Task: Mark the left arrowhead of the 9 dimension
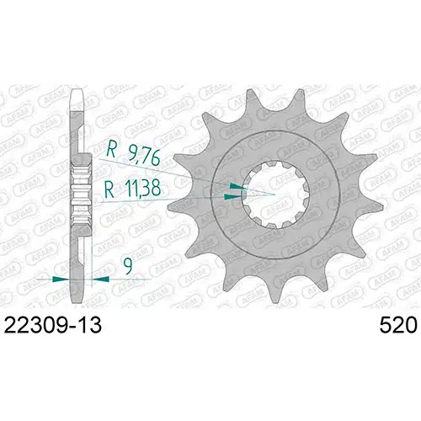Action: (59, 277)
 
